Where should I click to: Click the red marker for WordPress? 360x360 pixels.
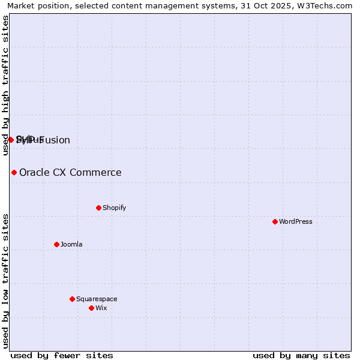(x=275, y=221)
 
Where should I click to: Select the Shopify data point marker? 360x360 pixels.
(x=98, y=208)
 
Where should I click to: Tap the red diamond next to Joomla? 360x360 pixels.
(x=56, y=244)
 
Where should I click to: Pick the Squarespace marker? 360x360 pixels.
(x=72, y=299)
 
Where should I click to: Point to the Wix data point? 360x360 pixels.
(x=91, y=308)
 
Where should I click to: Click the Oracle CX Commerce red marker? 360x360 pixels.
(x=14, y=173)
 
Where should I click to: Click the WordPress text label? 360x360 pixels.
(x=296, y=221)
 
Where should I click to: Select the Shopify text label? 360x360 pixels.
(x=114, y=208)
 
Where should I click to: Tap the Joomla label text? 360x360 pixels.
(x=71, y=244)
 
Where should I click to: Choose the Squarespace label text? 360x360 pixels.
(x=97, y=299)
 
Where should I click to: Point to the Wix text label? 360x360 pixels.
(x=101, y=308)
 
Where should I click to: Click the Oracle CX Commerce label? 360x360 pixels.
(x=70, y=173)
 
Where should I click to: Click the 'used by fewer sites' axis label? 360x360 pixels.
(x=62, y=355)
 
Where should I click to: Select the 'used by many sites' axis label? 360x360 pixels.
(x=301, y=355)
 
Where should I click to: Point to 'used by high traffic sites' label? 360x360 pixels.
(x=5, y=85)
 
